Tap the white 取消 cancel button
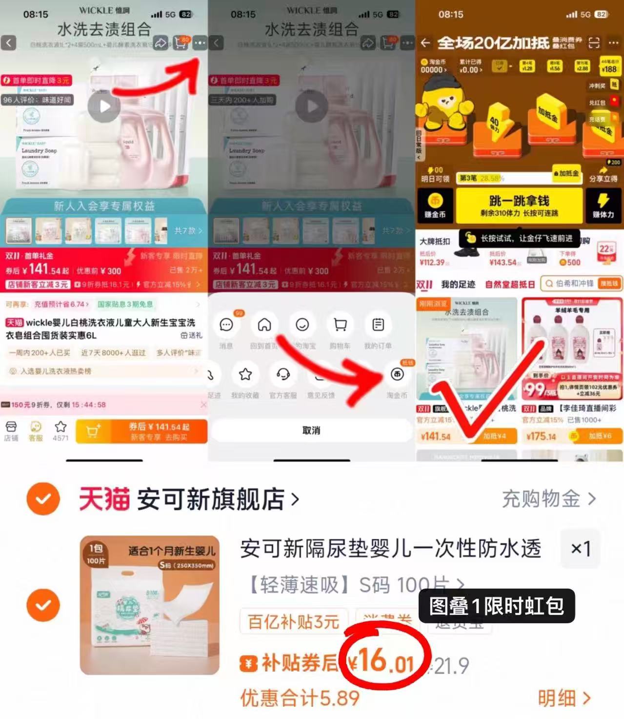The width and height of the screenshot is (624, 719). pos(311,431)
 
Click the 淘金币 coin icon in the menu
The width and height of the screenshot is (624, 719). pos(397,374)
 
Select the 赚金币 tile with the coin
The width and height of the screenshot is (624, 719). pos(435,205)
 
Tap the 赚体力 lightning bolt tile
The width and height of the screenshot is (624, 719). pos(603,205)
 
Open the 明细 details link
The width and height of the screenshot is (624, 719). pos(564,698)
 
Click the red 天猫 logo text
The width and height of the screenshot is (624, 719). pos(104,499)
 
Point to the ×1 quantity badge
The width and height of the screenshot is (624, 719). pos(581,549)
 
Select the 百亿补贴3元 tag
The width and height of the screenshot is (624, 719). pos(294,622)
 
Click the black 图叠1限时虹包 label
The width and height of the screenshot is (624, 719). pos(497,606)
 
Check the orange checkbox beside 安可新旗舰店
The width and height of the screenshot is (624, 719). pos(43,499)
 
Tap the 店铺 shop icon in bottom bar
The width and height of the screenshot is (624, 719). pos(11,430)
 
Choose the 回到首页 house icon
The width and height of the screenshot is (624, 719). pos(264,325)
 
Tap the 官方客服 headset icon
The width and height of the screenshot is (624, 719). pos(283,374)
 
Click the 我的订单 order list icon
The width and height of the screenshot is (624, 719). pos(378,325)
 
